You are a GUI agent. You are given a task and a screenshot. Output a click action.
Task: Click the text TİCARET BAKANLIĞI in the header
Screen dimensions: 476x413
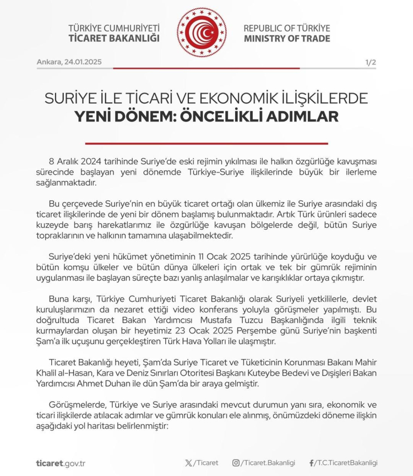(x=114, y=39)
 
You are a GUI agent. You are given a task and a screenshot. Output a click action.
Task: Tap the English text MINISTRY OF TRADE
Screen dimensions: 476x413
(x=287, y=39)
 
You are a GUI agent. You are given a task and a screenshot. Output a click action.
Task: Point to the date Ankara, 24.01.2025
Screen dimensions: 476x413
(x=69, y=62)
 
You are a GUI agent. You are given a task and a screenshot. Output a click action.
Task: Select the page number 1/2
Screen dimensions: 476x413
(x=370, y=62)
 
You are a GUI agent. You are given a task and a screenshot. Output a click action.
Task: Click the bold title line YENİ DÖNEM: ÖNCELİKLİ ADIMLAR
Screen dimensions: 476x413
(x=206, y=117)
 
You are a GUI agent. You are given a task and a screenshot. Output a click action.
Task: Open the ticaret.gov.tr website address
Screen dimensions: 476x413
(x=60, y=463)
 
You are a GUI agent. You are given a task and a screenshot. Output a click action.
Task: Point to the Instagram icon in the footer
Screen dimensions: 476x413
(x=235, y=463)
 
